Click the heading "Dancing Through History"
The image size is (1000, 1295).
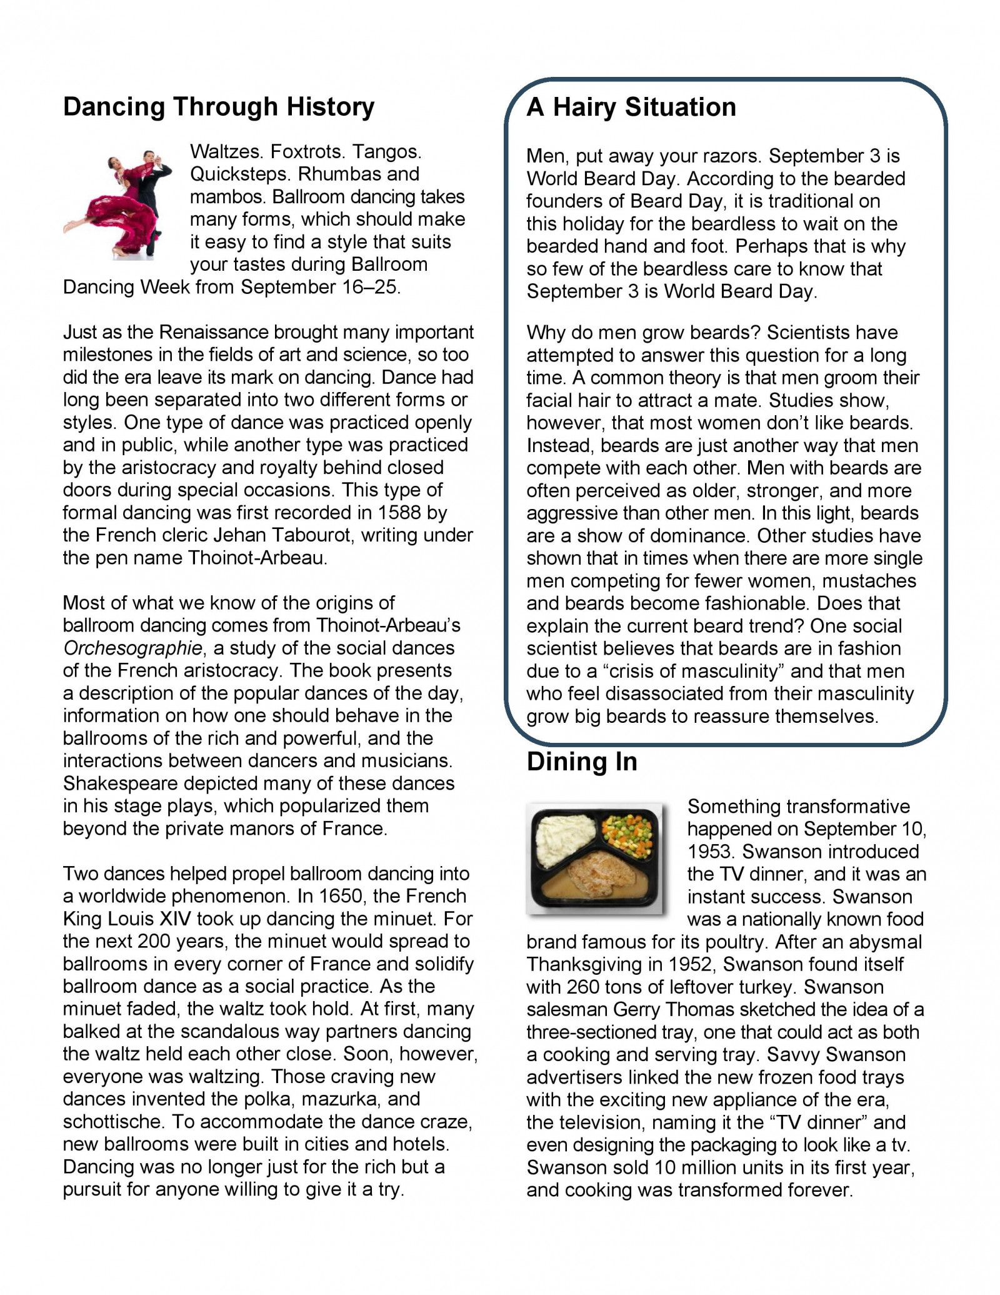pos(219,107)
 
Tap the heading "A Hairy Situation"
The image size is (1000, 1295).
pos(631,107)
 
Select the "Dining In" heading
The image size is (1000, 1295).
pos(582,762)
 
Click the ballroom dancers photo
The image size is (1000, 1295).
pos(119,203)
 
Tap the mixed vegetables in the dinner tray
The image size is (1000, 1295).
pos(631,829)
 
